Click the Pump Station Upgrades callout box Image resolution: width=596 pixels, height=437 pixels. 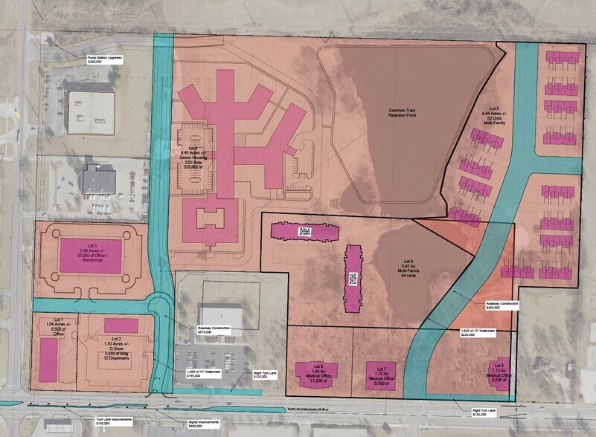tap(105, 59)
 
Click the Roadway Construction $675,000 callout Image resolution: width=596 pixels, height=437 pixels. tap(215, 330)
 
